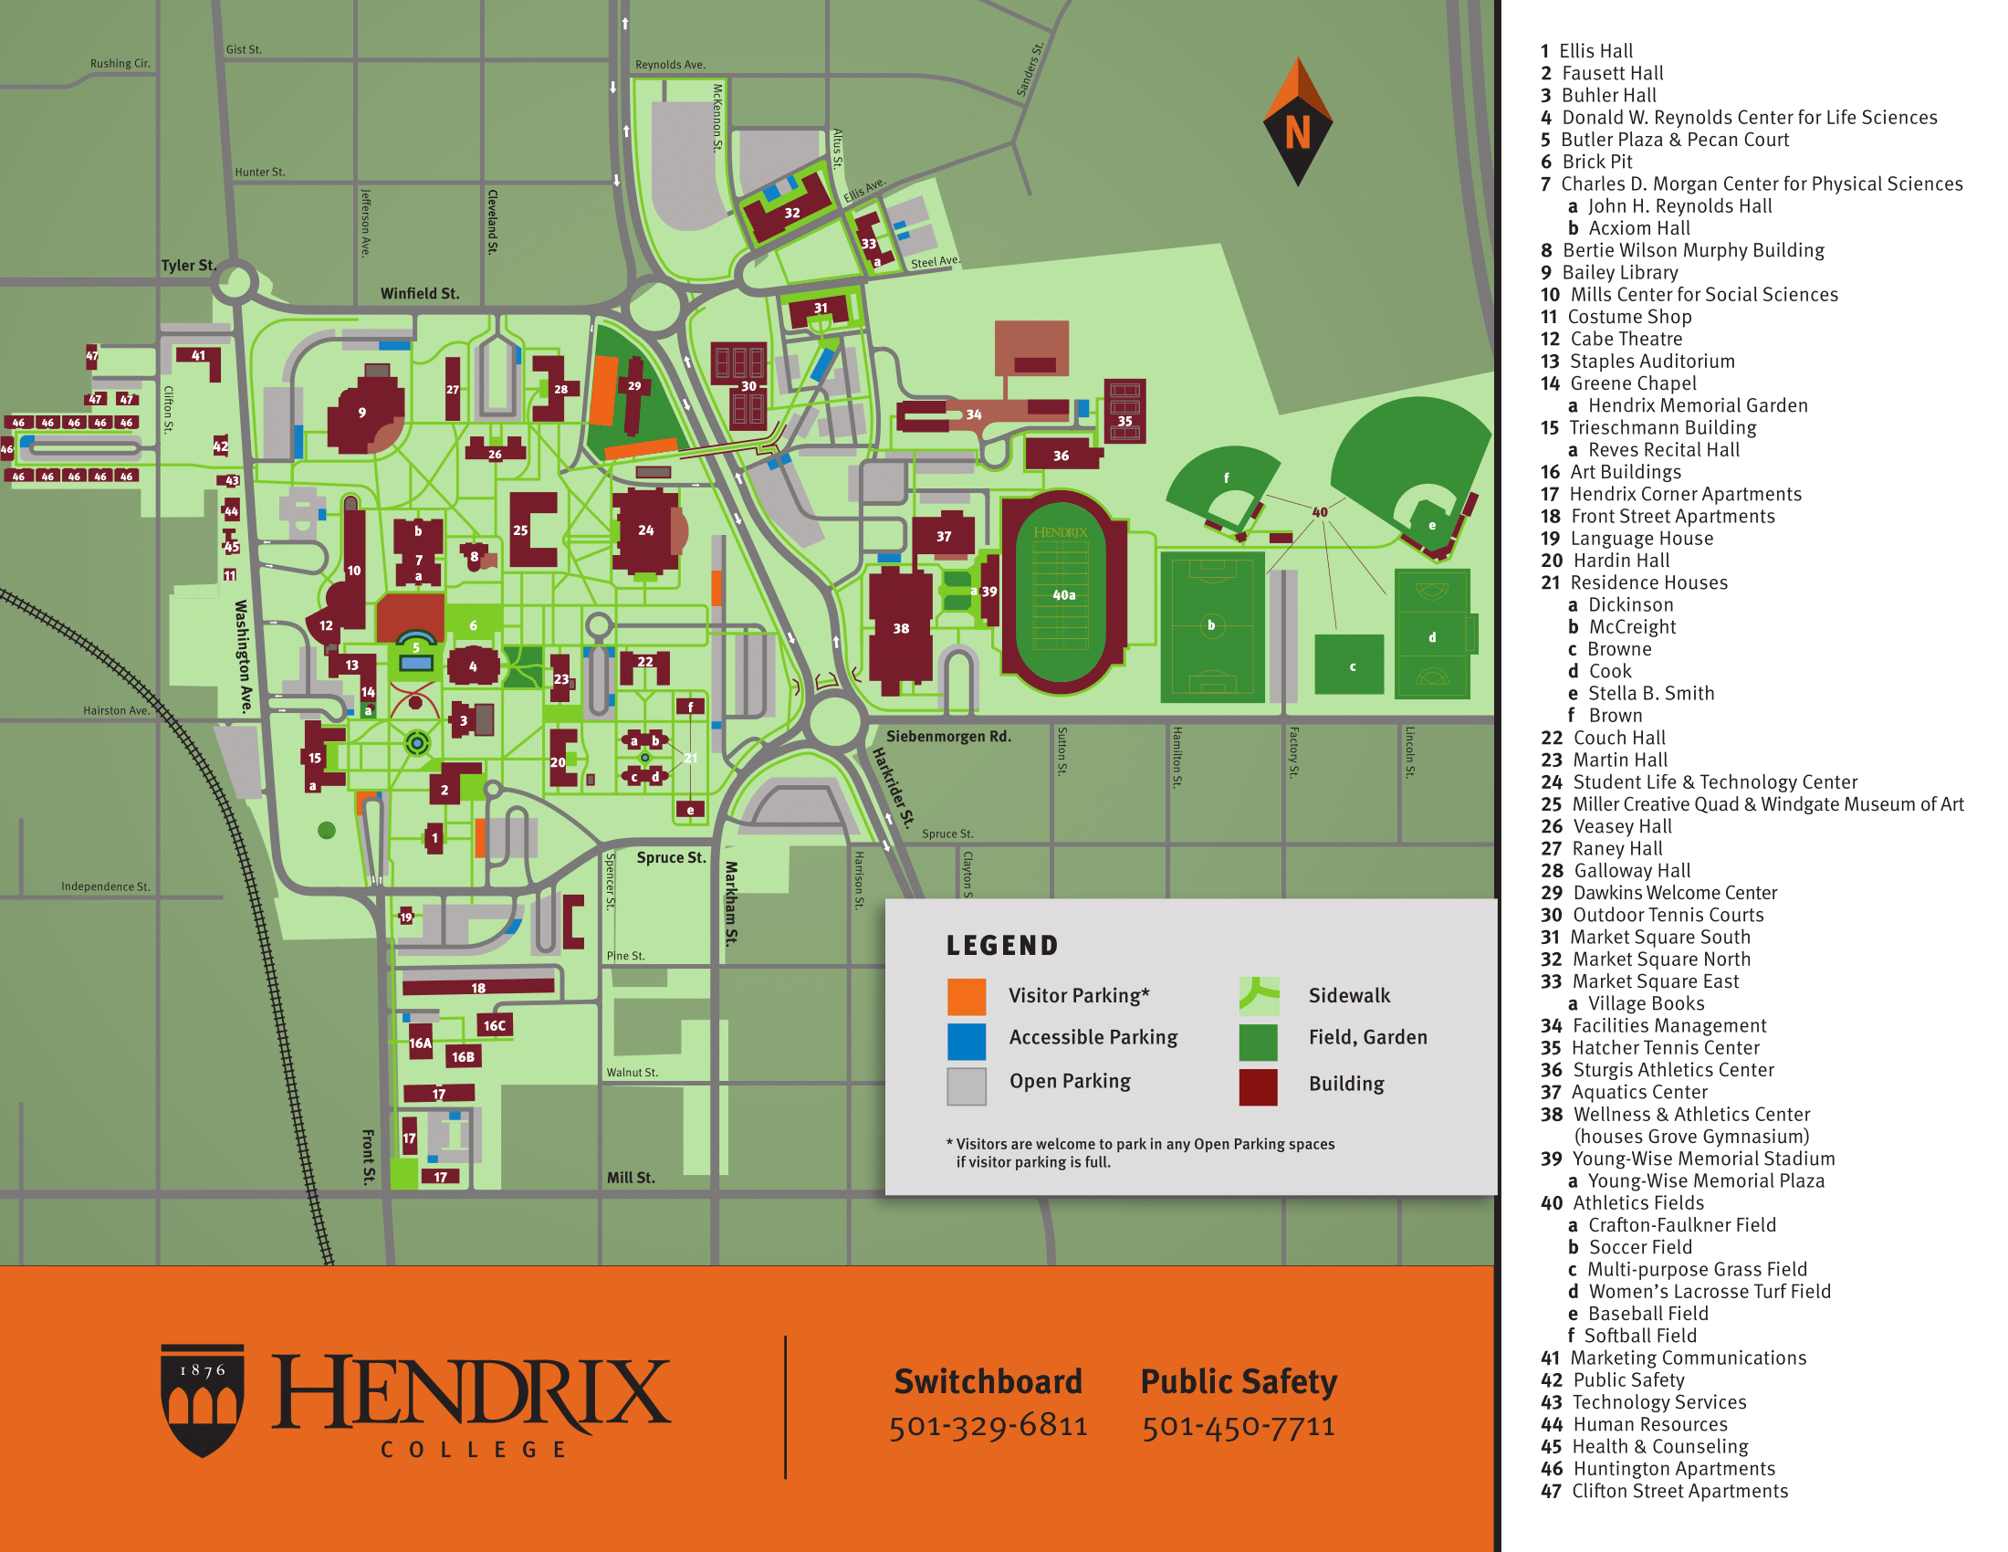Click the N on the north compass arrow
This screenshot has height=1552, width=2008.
1297,132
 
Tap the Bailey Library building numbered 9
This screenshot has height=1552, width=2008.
363,414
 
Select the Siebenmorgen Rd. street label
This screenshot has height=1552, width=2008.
948,737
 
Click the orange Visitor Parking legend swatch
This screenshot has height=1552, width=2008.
967,997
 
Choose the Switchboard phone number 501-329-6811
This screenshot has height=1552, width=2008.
988,1425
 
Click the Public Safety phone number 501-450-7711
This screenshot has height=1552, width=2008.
1239,1425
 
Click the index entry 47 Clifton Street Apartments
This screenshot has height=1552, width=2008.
1665,1491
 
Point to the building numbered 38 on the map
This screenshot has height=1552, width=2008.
900,629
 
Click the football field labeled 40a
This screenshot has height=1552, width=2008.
1062,595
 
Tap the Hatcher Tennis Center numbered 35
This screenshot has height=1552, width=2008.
1124,411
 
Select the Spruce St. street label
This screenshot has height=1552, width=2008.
671,857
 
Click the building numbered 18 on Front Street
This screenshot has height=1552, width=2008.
478,987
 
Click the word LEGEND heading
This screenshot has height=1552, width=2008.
1002,945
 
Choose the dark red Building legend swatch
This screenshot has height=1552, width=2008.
1257,1085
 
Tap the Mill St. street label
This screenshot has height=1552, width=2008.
631,1178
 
